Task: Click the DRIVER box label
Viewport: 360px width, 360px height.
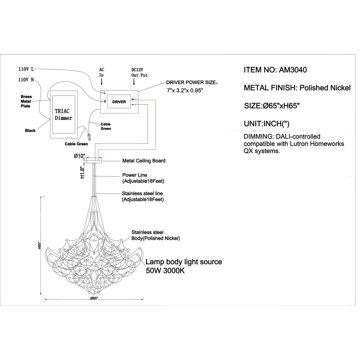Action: (x=119, y=102)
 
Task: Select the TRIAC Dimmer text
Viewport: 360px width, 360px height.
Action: (x=64, y=115)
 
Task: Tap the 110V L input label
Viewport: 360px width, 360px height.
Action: (x=26, y=69)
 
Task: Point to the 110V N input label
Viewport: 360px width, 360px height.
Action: (x=26, y=80)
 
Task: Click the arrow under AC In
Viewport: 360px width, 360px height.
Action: (x=101, y=82)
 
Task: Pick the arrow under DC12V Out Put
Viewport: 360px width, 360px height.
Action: (x=134, y=82)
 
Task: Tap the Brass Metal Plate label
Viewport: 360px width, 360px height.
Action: (x=26, y=101)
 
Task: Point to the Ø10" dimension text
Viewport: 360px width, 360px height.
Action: (x=79, y=156)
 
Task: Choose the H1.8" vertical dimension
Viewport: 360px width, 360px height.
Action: (x=82, y=172)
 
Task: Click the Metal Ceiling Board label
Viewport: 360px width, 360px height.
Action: (x=144, y=161)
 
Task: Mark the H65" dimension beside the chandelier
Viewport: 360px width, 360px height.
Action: (x=39, y=245)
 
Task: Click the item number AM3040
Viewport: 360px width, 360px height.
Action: (x=293, y=70)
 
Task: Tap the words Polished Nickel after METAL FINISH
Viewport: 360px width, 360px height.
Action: (x=325, y=88)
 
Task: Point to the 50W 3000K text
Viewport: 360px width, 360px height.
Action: (x=165, y=271)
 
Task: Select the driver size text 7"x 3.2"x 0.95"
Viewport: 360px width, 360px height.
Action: (x=185, y=91)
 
